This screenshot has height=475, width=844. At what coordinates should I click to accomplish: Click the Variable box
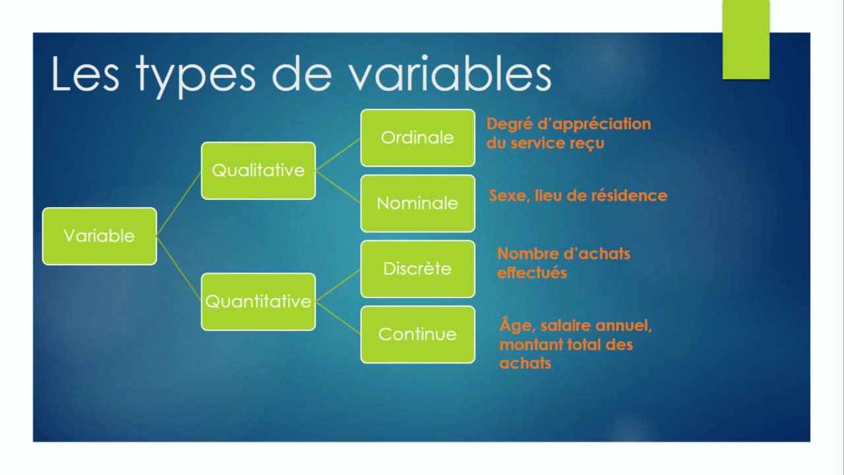click(100, 236)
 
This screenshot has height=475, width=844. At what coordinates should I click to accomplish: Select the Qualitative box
click(258, 170)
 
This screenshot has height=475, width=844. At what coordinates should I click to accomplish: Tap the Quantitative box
click(258, 301)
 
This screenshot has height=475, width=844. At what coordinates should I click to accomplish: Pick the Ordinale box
click(417, 137)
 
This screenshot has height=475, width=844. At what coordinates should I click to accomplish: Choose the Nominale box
click(417, 203)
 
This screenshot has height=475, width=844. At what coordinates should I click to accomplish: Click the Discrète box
click(417, 269)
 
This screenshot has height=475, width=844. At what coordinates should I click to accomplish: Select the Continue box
click(417, 334)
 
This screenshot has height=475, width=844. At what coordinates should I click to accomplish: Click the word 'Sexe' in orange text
click(507, 196)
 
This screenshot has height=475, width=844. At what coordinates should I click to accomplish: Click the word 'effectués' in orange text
click(531, 272)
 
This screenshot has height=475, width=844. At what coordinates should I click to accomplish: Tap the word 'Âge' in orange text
click(512, 325)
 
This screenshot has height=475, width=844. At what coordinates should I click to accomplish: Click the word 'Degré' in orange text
click(508, 124)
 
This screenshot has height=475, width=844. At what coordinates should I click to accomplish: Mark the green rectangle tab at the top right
click(746, 40)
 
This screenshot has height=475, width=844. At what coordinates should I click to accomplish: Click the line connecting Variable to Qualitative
click(179, 203)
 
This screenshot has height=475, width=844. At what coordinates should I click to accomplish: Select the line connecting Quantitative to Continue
click(338, 317)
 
